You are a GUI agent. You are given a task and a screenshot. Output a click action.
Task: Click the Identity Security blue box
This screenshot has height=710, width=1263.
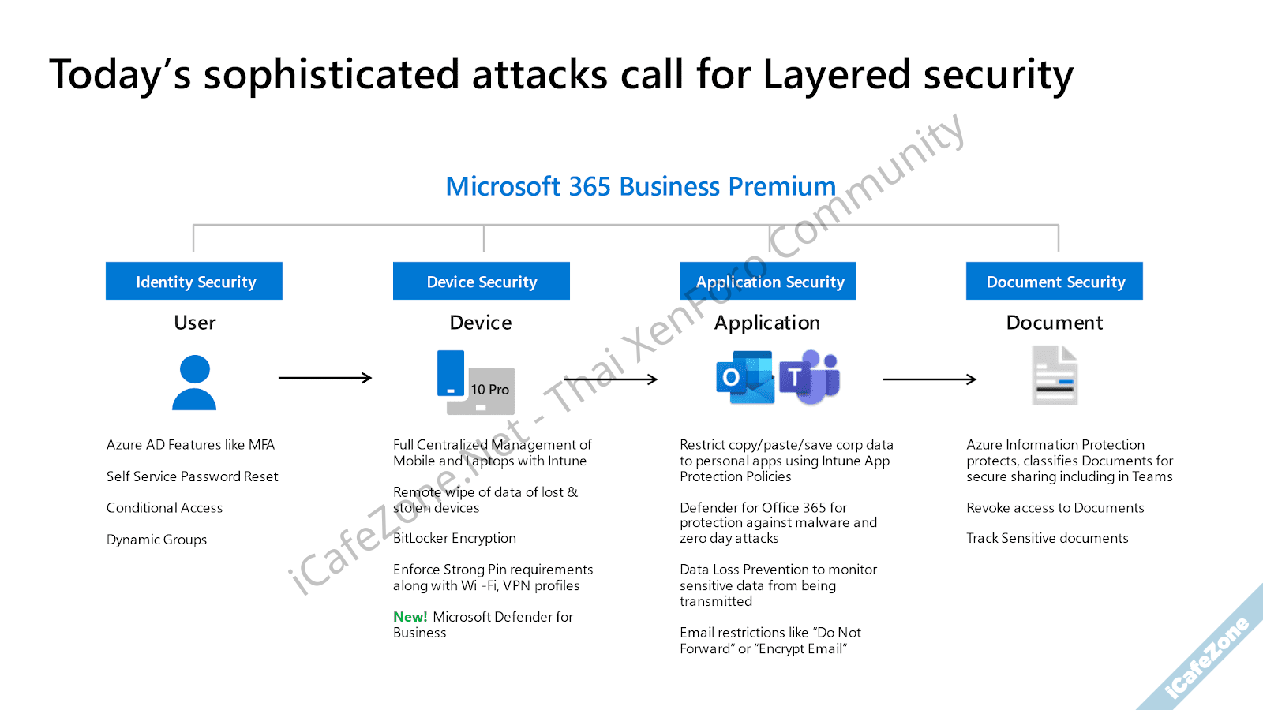(194, 281)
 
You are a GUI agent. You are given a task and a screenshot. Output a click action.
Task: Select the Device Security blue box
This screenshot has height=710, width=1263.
(482, 281)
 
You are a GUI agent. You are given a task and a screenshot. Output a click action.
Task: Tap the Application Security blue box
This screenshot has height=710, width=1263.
(768, 281)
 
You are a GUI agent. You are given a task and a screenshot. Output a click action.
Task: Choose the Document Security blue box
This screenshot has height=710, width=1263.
(1055, 281)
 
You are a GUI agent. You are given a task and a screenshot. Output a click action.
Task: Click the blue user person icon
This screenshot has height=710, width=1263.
(194, 383)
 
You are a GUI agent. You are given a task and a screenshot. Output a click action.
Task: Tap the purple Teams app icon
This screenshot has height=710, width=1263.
(811, 378)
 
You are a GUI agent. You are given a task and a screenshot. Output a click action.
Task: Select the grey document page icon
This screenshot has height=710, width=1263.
(1055, 376)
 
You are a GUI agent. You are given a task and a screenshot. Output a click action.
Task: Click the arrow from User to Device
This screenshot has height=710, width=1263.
(324, 378)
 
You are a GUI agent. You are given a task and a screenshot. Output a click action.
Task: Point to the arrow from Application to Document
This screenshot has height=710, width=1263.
(929, 379)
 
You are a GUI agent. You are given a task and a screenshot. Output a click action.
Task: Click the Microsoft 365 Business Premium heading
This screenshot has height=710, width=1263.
(640, 186)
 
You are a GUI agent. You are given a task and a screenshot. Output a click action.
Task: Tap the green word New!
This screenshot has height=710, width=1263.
(410, 617)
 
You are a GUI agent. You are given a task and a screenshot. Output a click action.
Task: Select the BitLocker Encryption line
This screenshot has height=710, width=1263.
(455, 538)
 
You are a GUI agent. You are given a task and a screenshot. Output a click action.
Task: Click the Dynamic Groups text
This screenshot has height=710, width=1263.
(156, 540)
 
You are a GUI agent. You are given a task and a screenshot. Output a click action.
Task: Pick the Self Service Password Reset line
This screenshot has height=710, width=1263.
(192, 476)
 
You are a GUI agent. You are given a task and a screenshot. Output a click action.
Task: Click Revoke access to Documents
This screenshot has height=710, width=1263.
(1055, 508)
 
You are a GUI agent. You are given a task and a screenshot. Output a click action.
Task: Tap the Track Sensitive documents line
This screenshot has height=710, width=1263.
(1047, 538)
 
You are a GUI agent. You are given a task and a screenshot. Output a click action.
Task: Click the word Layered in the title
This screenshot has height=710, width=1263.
(837, 76)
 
